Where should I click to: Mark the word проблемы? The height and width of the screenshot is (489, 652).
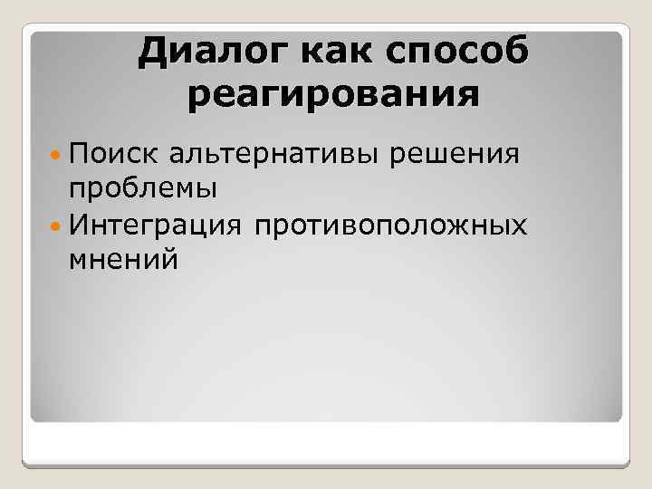[141, 189]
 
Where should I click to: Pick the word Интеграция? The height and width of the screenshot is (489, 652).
[155, 224]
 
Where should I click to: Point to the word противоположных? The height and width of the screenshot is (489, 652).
[391, 224]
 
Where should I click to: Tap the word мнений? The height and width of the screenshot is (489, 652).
[122, 258]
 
